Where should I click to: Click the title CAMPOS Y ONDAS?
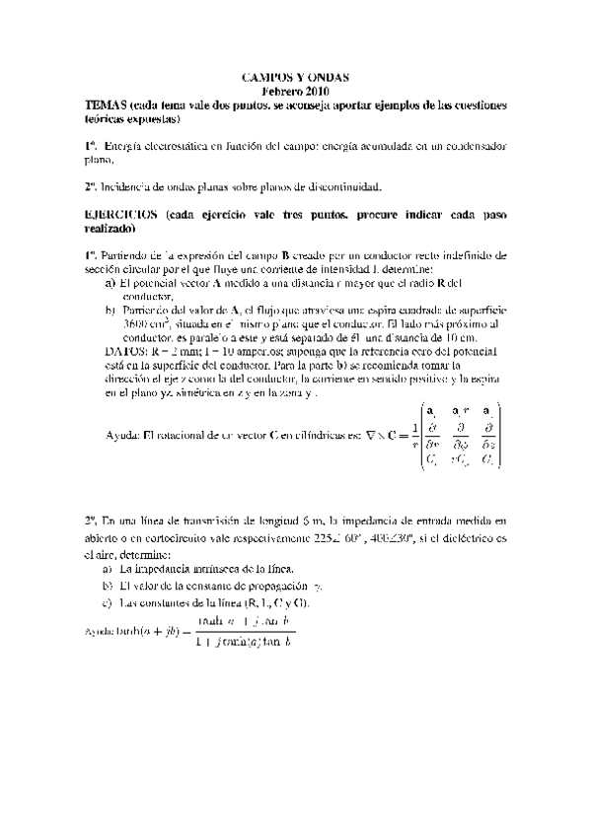(295, 76)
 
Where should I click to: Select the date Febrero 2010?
(295, 90)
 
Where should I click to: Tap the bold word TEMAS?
(105, 104)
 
